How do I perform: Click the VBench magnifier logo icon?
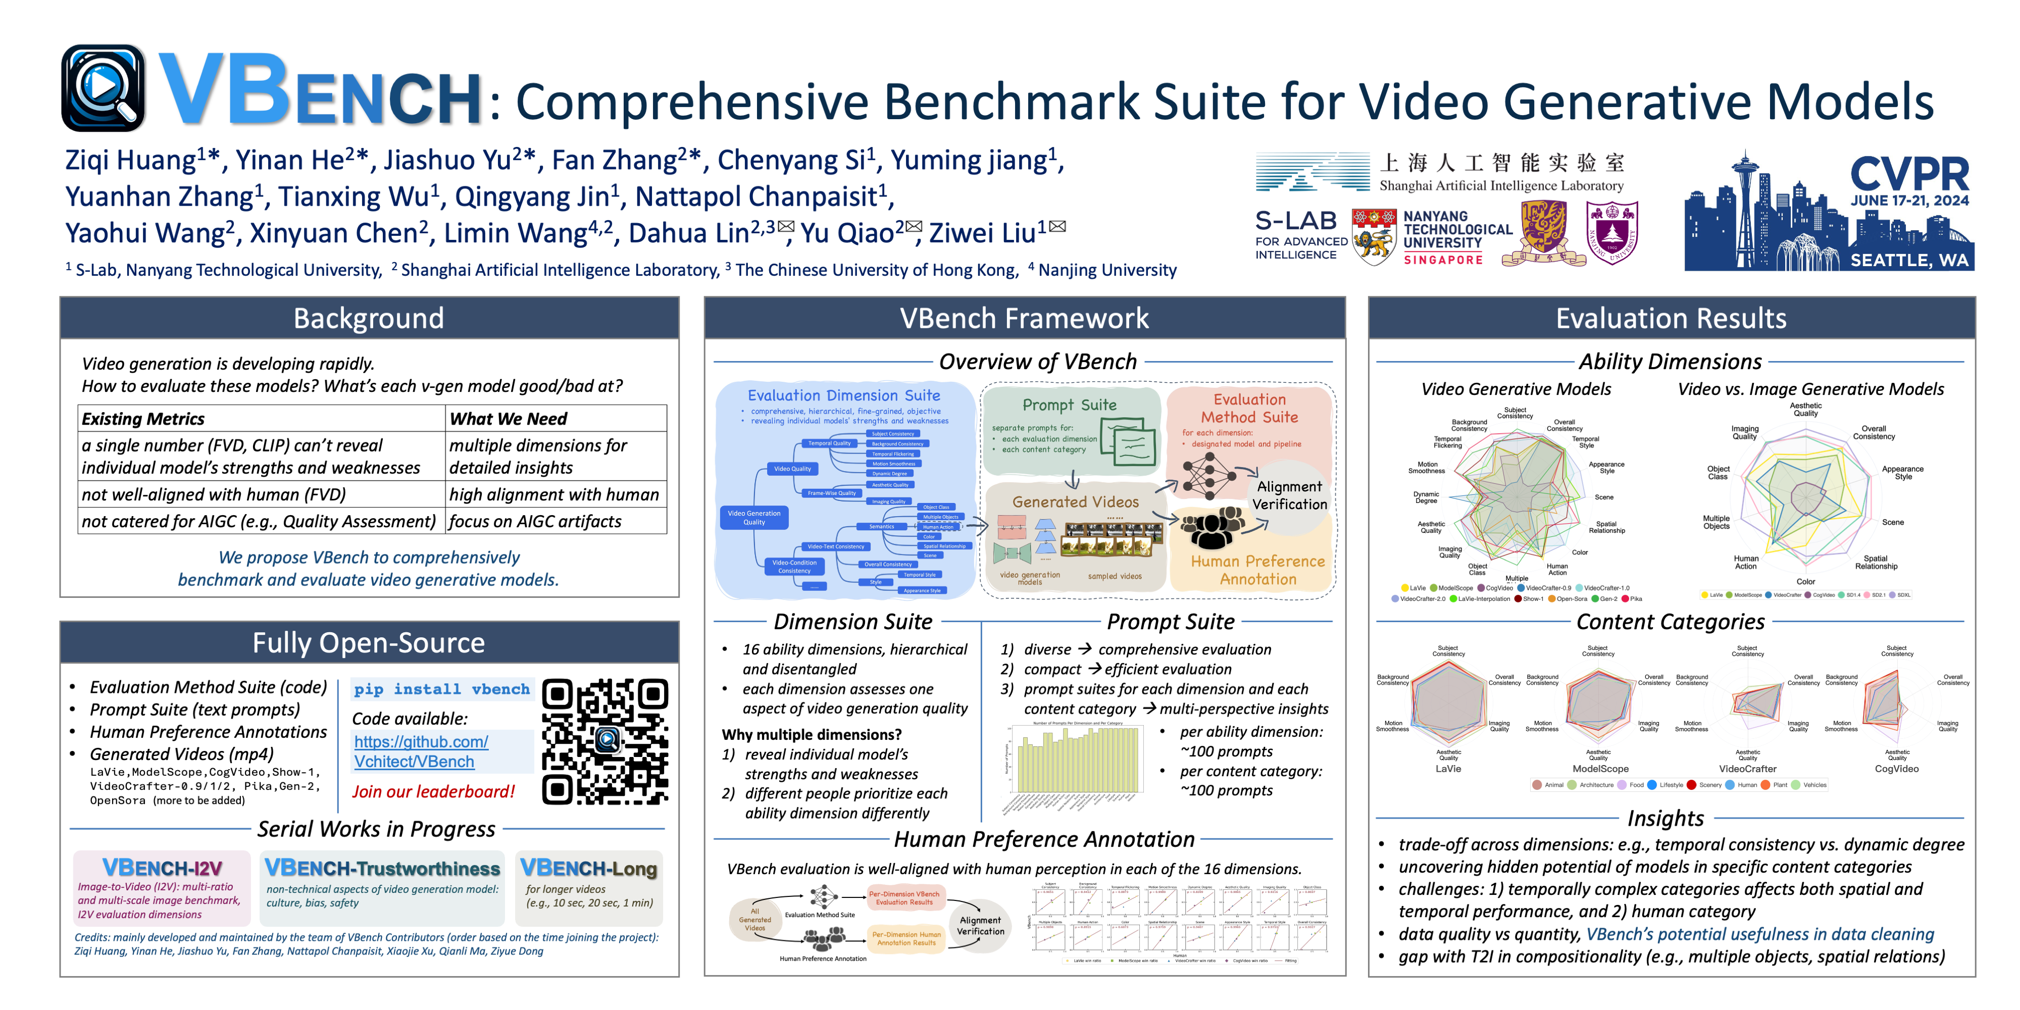(103, 88)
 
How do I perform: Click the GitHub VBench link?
(421, 751)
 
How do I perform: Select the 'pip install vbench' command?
(441, 689)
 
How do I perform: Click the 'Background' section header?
(369, 318)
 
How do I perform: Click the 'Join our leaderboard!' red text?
(433, 791)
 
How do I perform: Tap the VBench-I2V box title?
(162, 868)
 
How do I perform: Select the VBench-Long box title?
(589, 868)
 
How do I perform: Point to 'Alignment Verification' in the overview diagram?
(1289, 495)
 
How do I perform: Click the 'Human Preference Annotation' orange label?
(1258, 570)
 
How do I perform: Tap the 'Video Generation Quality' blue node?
(753, 518)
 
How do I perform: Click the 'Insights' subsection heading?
(1665, 819)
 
